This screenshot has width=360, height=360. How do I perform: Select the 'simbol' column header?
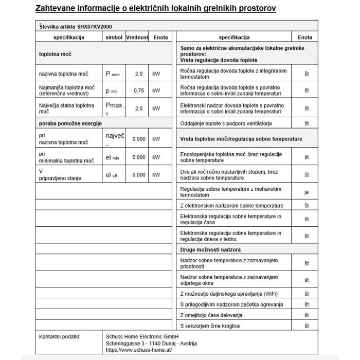114,38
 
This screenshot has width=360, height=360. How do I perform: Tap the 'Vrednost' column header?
137,38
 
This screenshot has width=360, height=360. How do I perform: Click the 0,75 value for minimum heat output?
138,91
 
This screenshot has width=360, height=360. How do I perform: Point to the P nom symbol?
113,74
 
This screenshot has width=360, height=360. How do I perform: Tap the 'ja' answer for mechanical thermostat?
307,192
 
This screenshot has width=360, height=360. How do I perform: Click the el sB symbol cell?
112,175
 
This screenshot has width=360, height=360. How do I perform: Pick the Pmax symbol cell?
113,109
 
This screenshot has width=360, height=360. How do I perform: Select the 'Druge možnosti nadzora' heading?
211,249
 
